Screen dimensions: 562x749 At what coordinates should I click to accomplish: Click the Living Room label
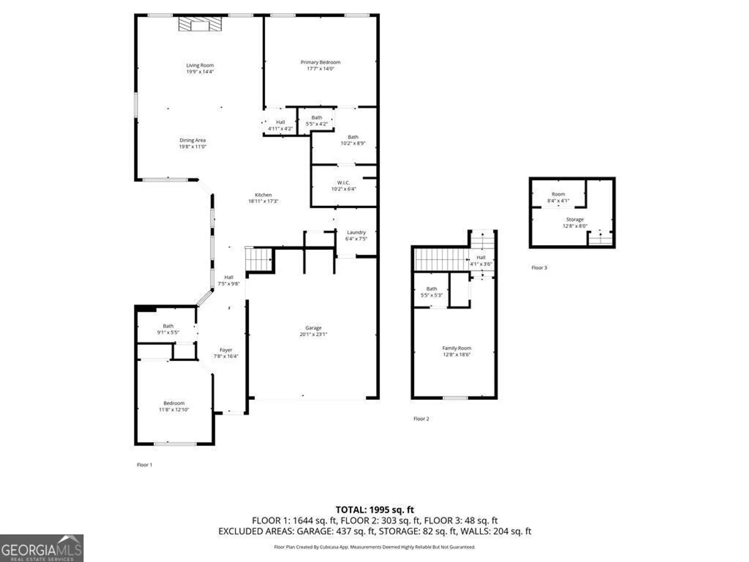tap(200, 65)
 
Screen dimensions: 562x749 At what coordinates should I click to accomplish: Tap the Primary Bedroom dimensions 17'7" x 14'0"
tap(320, 69)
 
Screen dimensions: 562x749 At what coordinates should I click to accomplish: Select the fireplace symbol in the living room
tap(200, 24)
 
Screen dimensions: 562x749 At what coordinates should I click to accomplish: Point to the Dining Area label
tap(192, 140)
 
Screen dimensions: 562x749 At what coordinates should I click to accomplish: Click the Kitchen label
tap(263, 195)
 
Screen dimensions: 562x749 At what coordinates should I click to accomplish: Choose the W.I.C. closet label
tap(343, 183)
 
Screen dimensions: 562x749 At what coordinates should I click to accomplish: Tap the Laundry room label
tap(356, 232)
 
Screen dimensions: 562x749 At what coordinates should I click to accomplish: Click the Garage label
tap(313, 328)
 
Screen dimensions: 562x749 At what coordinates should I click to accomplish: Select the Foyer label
tap(226, 350)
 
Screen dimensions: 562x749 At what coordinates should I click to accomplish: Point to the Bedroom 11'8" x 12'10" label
tap(174, 406)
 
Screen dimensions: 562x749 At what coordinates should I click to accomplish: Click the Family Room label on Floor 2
tap(457, 348)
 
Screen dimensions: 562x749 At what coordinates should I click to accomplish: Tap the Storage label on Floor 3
tap(575, 220)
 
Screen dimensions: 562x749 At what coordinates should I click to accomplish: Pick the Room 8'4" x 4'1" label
tap(558, 197)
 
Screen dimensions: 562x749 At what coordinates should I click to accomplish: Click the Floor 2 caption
tap(421, 419)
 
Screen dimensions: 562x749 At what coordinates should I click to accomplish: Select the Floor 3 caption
tap(539, 268)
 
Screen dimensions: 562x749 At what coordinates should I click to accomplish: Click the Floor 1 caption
tap(145, 465)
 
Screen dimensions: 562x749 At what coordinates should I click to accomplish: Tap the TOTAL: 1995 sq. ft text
tap(374, 510)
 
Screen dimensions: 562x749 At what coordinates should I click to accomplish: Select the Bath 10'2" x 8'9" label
tap(353, 140)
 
